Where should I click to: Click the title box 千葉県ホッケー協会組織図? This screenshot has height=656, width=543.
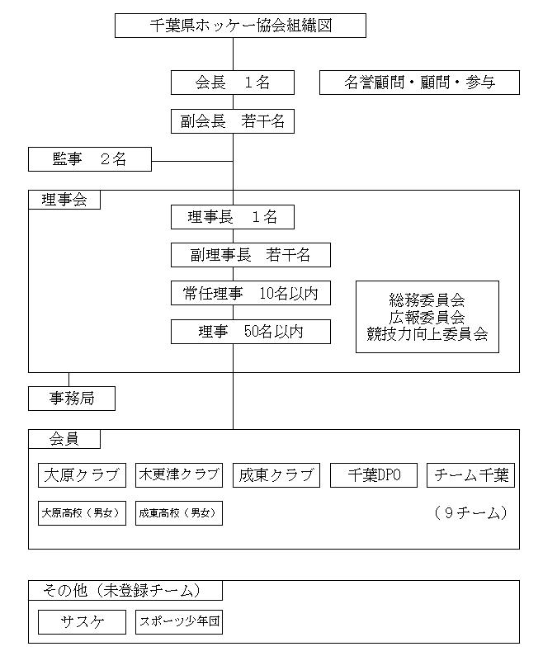pos(240,26)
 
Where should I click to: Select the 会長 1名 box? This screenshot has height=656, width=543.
pos(233,83)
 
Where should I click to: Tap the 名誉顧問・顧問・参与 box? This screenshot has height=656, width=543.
pos(419,83)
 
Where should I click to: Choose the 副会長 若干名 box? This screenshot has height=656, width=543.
pos(233,121)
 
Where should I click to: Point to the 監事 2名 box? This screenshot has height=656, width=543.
pos(90,159)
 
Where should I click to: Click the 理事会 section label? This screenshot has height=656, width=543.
pos(64,200)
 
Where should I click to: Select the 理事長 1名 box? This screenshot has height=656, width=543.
pos(233,217)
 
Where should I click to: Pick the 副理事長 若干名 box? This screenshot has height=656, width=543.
pos(251,255)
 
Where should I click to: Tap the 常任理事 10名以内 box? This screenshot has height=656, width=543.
pos(251,293)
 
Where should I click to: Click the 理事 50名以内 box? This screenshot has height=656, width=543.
pos(251,332)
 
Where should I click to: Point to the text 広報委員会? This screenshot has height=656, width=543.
pos(427,317)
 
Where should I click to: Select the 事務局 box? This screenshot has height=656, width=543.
pos(72,399)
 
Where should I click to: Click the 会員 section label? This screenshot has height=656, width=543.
pos(64,439)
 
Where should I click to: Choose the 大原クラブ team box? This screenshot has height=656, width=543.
pos(82,474)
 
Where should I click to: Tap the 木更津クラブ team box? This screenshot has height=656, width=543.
pos(179,474)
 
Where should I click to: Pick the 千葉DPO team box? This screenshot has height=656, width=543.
pos(374,474)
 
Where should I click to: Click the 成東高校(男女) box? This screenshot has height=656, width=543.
pos(179,513)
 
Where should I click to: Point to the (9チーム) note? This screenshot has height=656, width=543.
pos(471,512)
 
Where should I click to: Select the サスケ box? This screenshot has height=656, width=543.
pos(82,621)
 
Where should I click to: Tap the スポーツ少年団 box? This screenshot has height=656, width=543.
pos(179,621)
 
